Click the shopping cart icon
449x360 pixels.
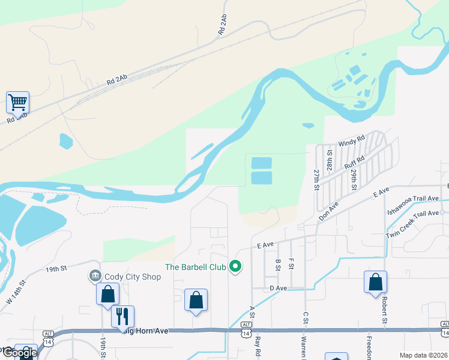click(x=18, y=102)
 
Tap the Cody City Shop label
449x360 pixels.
click(x=133, y=277)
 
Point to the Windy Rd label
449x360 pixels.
click(x=352, y=142)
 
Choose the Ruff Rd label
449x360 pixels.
click(x=354, y=164)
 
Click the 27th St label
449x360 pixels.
click(x=316, y=179)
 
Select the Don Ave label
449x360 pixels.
click(x=329, y=210)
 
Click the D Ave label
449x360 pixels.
click(x=279, y=289)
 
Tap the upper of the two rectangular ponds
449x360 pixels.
click(x=261, y=163)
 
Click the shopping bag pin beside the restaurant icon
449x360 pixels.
click(x=108, y=294)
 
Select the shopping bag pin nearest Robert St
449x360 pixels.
click(x=375, y=282)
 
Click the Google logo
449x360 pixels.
click(x=19, y=353)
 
